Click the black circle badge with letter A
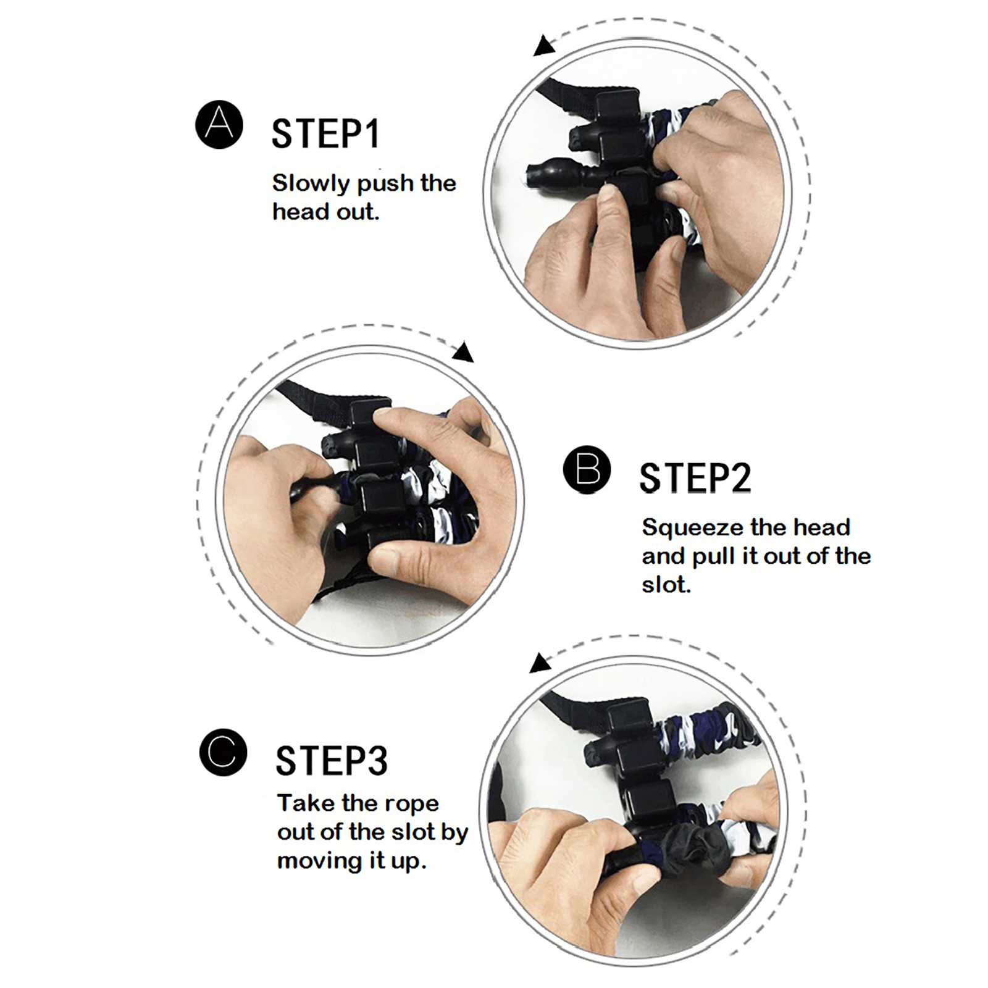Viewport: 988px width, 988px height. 219,124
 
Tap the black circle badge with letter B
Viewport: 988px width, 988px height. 587,469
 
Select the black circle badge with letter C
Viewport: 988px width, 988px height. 223,752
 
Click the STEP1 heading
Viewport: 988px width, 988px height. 325,134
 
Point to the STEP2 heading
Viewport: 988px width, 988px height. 695,478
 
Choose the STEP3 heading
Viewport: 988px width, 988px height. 332,761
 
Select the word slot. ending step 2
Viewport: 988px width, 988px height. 666,584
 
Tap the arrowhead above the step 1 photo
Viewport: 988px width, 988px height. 543,46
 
